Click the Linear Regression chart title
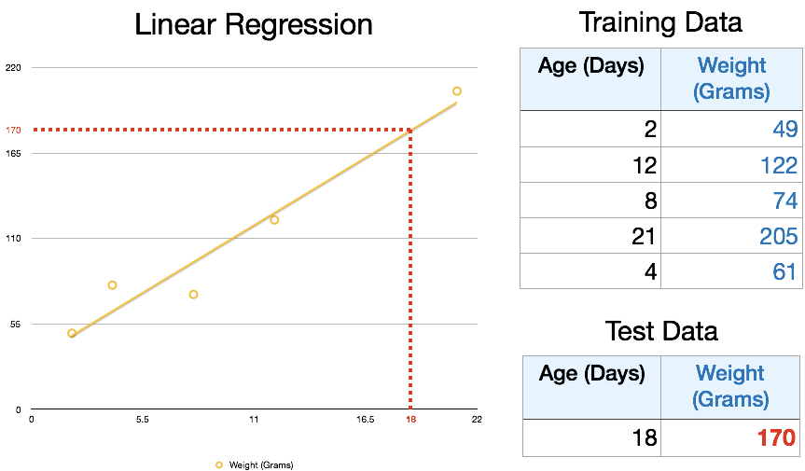(x=254, y=24)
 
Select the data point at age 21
(x=457, y=90)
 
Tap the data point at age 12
(x=274, y=219)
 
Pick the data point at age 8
(x=193, y=294)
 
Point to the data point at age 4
(x=113, y=284)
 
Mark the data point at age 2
(x=72, y=333)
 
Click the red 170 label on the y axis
(x=13, y=131)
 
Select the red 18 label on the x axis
(x=410, y=419)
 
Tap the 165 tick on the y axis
(x=13, y=153)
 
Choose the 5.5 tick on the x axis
(x=143, y=419)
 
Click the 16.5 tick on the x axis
(x=365, y=419)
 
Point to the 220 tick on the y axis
(x=13, y=68)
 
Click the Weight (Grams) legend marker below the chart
(x=219, y=464)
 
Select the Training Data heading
(x=660, y=22)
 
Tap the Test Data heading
(x=661, y=331)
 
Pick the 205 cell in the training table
(x=779, y=236)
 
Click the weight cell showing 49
(x=785, y=129)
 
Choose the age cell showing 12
(x=645, y=165)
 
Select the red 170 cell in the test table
(x=776, y=437)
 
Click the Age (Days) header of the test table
(x=592, y=373)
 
